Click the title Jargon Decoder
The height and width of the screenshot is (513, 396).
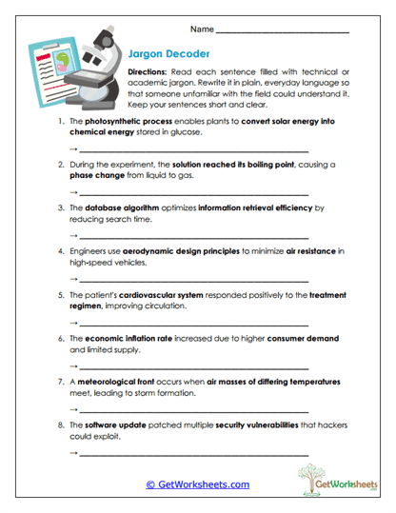[168, 54]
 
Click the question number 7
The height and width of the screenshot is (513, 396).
[61, 381]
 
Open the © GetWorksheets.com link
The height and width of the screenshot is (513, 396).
[197, 484]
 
